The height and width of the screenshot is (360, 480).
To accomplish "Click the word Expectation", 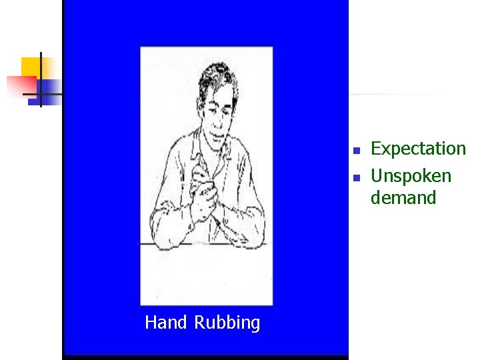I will click(418, 148).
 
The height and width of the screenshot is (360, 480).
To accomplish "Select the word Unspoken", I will click(411, 176).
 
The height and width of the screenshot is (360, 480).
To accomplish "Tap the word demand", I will click(403, 198).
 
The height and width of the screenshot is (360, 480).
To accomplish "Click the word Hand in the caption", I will click(167, 323).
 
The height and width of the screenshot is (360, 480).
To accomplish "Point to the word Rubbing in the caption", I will click(227, 323).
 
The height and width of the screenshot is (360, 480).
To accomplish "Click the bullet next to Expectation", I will click(357, 149).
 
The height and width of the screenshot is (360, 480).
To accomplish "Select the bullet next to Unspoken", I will click(357, 177).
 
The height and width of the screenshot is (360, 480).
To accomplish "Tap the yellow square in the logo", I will click(30, 67).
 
